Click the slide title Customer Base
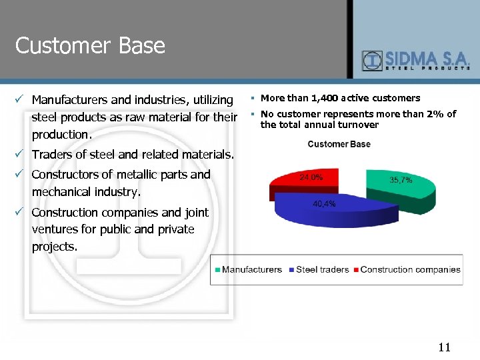[x=90, y=46]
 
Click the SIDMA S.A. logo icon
[x=372, y=61]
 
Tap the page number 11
[x=445, y=347]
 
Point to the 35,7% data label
[x=401, y=180]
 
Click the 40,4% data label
[x=324, y=204]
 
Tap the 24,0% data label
[x=311, y=177]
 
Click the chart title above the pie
[x=339, y=144]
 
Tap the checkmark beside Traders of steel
[x=19, y=155]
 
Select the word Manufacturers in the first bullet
[x=70, y=100]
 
